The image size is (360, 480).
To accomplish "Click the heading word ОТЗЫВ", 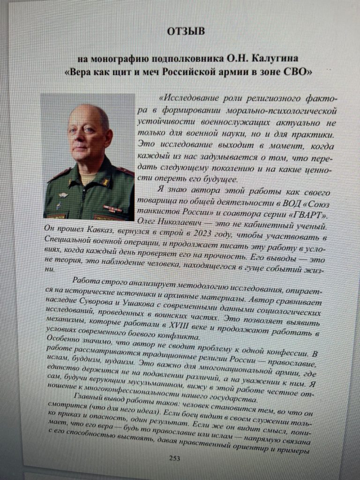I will [x=186, y=32].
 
